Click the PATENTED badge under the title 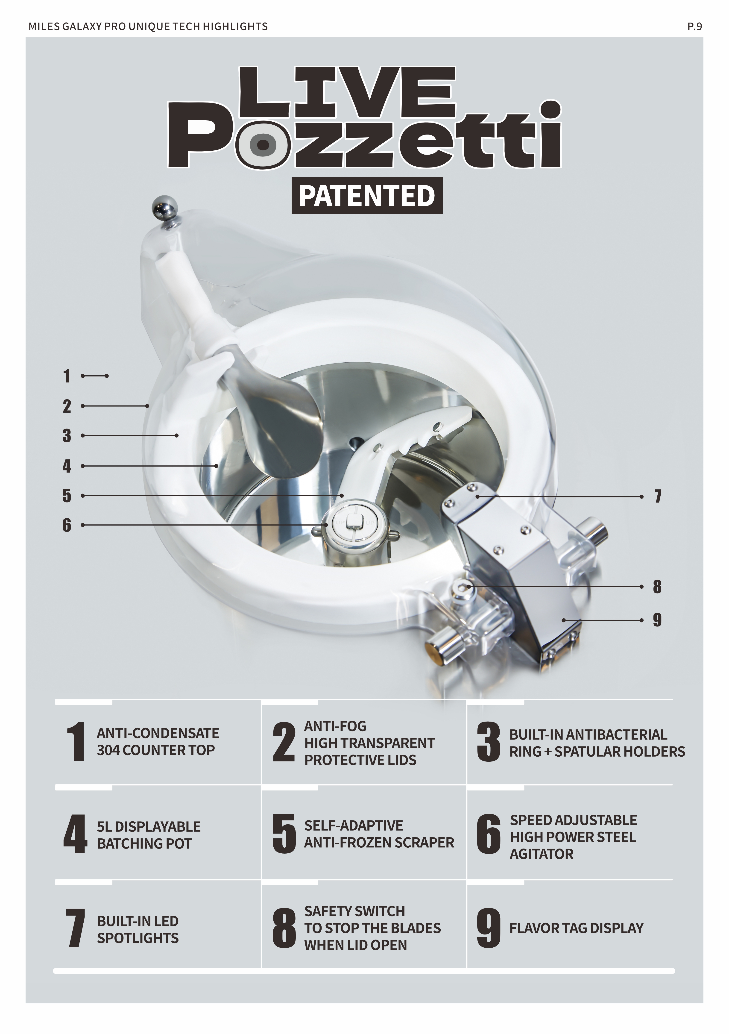pyautogui.click(x=367, y=195)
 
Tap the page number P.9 pyautogui.click(x=694, y=26)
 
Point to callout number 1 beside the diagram pyautogui.click(x=67, y=376)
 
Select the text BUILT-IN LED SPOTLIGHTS pyautogui.click(x=138, y=930)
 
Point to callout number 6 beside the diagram pyautogui.click(x=67, y=525)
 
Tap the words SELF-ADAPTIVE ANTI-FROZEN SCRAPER pyautogui.click(x=379, y=834)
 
